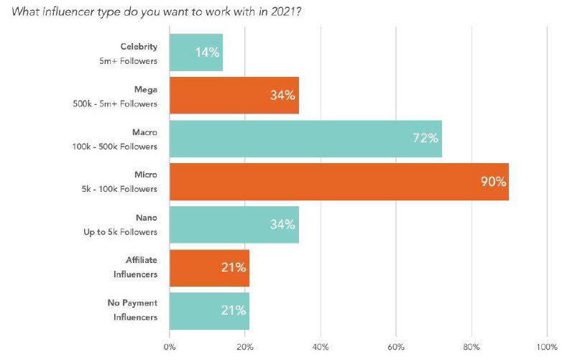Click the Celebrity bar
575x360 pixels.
click(195, 52)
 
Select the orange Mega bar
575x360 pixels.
click(234, 96)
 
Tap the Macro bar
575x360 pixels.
click(305, 139)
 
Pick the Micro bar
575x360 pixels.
click(339, 182)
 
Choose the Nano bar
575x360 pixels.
click(234, 224)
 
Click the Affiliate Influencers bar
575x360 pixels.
click(209, 267)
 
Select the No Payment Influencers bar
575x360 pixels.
click(209, 310)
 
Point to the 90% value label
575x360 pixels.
click(494, 182)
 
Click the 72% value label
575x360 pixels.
click(425, 139)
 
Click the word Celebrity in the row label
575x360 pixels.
click(139, 47)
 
